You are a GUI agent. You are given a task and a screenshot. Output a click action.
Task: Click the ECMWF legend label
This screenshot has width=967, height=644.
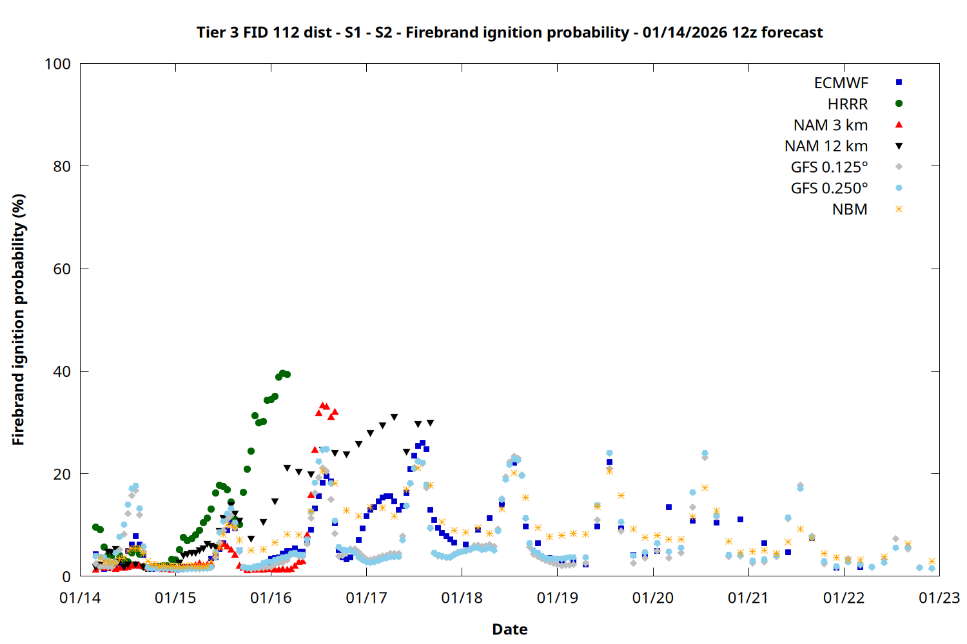(841, 83)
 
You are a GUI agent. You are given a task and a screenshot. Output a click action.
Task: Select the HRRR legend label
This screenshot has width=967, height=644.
(848, 104)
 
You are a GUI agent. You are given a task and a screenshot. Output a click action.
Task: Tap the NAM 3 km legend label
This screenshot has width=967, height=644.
(830, 125)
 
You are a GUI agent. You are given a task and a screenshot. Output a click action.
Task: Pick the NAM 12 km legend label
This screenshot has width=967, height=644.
(826, 146)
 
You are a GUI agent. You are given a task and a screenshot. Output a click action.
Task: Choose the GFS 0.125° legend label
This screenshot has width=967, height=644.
(829, 167)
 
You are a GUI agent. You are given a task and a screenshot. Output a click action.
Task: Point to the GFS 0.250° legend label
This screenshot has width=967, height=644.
(829, 189)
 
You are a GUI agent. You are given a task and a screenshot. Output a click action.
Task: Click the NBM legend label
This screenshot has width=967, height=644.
(850, 209)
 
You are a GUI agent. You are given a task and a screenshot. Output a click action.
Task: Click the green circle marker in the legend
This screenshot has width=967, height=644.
(899, 104)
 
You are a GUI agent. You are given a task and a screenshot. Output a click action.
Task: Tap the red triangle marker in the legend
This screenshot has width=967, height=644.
(899, 124)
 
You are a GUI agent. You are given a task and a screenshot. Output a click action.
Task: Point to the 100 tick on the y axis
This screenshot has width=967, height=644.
(57, 64)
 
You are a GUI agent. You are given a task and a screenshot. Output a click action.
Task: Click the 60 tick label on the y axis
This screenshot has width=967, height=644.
(62, 269)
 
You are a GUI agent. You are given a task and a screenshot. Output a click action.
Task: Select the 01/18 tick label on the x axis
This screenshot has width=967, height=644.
(462, 598)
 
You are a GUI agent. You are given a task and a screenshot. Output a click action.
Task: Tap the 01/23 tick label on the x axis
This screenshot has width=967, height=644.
(939, 598)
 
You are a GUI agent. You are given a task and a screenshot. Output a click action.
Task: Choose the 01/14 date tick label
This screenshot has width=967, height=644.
(80, 598)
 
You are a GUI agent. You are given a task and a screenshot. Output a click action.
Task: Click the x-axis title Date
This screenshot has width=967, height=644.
(509, 629)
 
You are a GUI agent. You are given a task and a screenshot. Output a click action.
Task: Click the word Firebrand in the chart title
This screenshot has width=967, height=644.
(435, 32)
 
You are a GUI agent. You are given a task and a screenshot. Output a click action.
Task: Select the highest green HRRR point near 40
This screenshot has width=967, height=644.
(283, 373)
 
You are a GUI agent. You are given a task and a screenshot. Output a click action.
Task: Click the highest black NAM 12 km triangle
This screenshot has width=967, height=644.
(394, 417)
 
